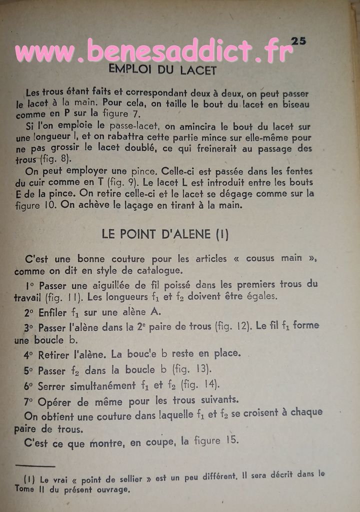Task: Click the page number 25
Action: (x=298, y=41)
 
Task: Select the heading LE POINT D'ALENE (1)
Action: (x=165, y=234)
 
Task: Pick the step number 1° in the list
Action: (x=29, y=285)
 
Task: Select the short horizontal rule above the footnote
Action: (x=34, y=465)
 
